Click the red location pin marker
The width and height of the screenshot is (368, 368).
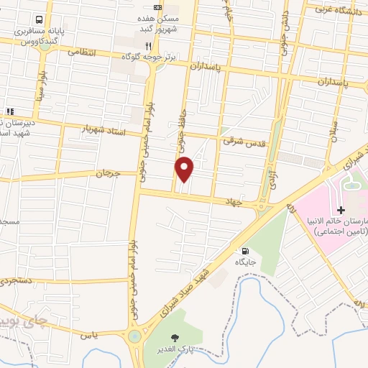click(x=185, y=169)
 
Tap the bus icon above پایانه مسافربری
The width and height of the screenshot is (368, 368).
click(x=38, y=20)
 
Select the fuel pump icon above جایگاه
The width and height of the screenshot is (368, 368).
click(x=247, y=252)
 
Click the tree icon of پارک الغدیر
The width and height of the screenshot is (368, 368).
click(x=174, y=337)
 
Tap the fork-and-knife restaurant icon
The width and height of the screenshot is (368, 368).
click(x=148, y=45)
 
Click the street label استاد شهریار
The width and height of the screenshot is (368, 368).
click(x=104, y=131)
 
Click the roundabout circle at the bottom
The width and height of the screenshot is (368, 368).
click(x=134, y=336)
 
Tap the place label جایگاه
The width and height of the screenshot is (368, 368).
click(x=246, y=264)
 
